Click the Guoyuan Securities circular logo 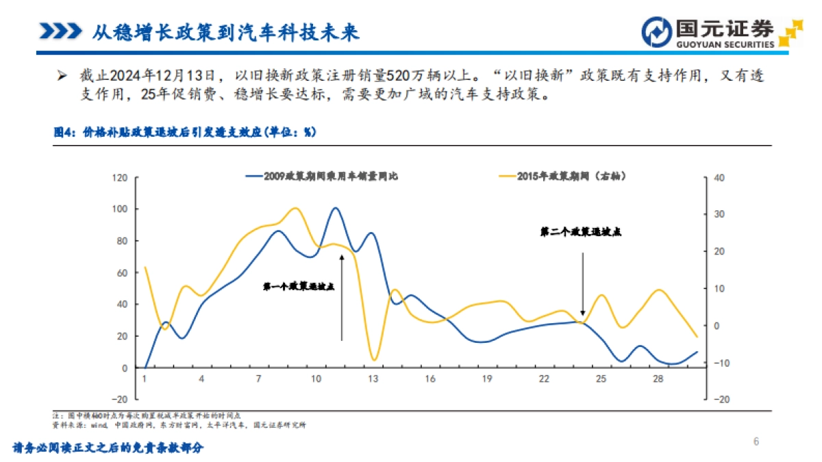click(656, 31)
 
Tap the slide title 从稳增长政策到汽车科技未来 click(225, 31)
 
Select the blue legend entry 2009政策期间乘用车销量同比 click(322, 176)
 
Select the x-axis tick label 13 click(373, 378)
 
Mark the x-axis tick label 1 click(145, 378)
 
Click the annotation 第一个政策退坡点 click(298, 287)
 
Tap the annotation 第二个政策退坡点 click(580, 233)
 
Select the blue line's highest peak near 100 click(335, 208)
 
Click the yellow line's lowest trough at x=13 click(373, 359)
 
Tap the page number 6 click(756, 441)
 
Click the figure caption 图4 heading click(184, 133)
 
